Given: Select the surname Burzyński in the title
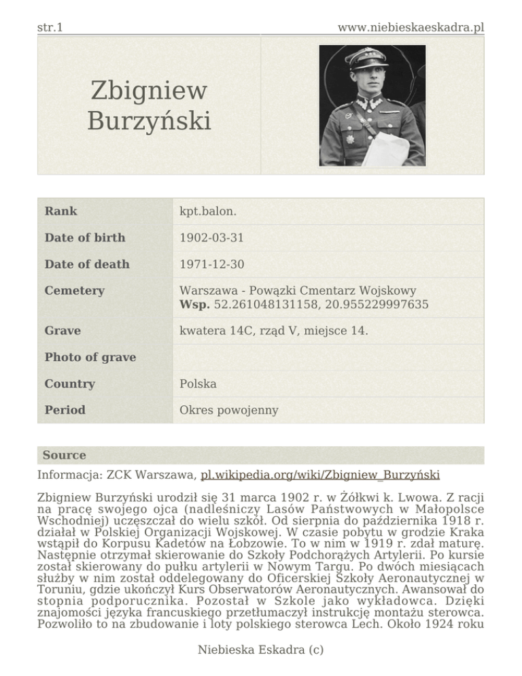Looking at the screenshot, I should pyautogui.click(x=150, y=122).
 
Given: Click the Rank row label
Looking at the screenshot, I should pyautogui.click(x=60, y=211).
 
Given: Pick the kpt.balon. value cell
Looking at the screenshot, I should pyautogui.click(x=208, y=211).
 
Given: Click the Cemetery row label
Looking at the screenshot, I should pyautogui.click(x=75, y=290).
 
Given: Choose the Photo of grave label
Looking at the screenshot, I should pyautogui.click(x=90, y=357).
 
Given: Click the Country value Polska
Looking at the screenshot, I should pyautogui.click(x=198, y=384).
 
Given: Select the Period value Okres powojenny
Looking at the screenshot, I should pyautogui.click(x=228, y=410).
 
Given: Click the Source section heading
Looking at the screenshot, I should pyautogui.click(x=64, y=455).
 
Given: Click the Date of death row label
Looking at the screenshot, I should pyautogui.click(x=86, y=264).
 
